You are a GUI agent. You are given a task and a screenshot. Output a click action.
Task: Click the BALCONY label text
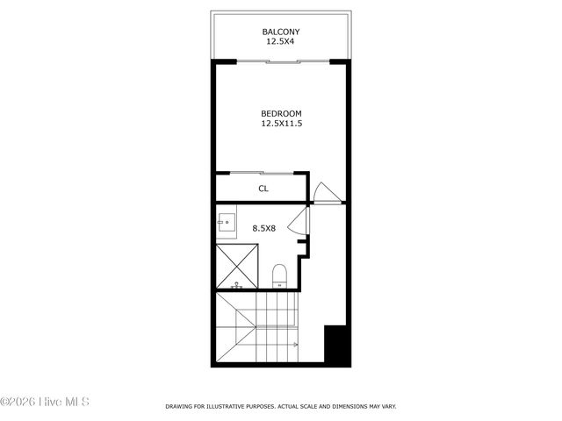pos(281,32)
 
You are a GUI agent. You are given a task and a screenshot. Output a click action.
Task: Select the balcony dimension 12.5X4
pos(281,41)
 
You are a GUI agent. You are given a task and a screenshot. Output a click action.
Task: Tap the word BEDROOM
pos(281,114)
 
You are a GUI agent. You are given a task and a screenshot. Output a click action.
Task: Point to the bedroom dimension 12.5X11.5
pos(281,124)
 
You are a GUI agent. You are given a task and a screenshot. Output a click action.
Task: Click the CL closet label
pos(263,189)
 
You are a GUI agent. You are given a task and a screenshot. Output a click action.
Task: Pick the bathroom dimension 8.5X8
pos(264,228)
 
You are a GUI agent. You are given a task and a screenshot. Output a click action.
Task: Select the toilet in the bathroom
pos(279,276)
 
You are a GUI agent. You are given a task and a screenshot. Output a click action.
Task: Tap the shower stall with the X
pos(237,267)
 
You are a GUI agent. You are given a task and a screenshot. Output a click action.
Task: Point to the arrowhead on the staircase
pos(297,345)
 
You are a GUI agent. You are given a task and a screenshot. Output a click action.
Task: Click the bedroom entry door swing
pos(324,192)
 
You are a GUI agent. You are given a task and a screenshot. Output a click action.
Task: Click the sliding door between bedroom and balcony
pos(281,61)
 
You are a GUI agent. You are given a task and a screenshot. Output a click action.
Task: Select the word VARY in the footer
pos(386,407)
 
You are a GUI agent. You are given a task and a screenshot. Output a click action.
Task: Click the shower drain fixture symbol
pos(236,286)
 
